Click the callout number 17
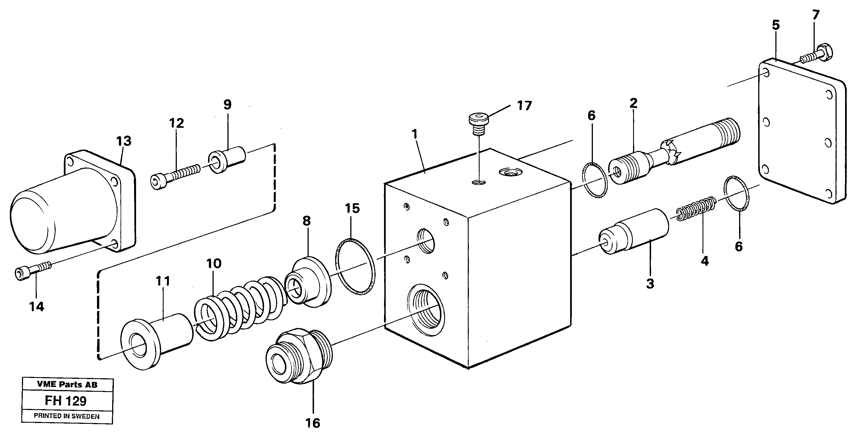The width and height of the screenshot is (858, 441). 524,106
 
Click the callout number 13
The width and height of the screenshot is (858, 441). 124,141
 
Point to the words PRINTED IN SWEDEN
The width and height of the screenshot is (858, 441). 67,416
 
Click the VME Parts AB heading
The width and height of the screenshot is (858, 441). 67,385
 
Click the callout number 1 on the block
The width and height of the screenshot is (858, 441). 414,134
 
